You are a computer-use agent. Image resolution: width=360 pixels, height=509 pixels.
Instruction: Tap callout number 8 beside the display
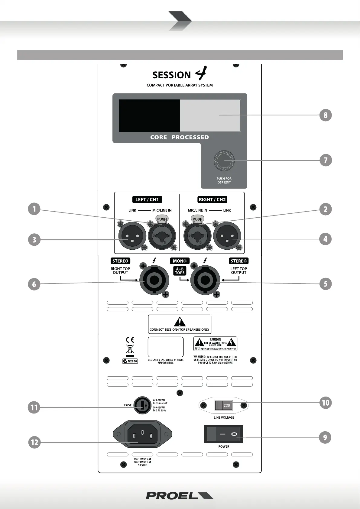(326, 115)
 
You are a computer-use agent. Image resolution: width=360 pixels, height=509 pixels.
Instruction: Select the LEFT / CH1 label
(147, 199)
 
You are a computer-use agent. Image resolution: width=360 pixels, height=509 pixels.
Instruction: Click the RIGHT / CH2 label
(212, 199)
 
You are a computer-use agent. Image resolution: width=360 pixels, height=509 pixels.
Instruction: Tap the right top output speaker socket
(154, 280)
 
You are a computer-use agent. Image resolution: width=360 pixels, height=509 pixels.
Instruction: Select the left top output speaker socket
(205, 280)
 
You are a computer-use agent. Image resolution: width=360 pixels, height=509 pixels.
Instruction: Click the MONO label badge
(180, 261)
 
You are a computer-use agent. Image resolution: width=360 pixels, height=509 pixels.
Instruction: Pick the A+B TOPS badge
(180, 271)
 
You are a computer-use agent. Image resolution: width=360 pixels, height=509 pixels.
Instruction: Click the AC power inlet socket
(142, 434)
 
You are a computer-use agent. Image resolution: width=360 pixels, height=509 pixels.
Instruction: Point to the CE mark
(130, 340)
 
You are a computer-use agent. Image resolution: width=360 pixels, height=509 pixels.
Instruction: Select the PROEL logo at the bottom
(180, 495)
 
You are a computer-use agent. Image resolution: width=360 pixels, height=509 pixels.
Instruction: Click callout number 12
(34, 443)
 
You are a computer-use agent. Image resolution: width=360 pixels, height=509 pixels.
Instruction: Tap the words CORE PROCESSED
(180, 137)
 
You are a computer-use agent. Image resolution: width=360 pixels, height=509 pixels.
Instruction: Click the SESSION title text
(171, 75)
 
